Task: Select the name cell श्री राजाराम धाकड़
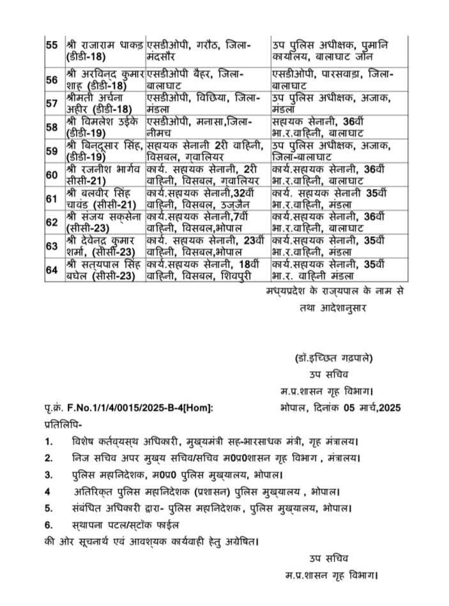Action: coord(103,51)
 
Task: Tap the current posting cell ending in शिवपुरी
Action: coord(206,269)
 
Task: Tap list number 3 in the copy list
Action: coord(49,475)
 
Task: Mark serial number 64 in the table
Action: coord(52,269)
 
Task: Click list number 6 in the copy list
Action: coord(49,525)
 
